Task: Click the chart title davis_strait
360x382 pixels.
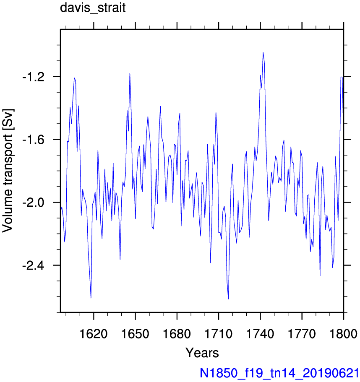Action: tap(93, 8)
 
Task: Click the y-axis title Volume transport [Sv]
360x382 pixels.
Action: tap(8, 171)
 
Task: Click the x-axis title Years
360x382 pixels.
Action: tap(202, 353)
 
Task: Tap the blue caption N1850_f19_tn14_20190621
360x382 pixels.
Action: tap(279, 373)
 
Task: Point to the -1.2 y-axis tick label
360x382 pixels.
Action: tap(34, 77)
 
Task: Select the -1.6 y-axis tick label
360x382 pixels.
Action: tap(34, 140)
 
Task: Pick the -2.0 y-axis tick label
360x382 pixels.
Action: tap(34, 203)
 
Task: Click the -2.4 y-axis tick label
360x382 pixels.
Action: tap(34, 265)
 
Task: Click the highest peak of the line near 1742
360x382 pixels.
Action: tap(263, 52)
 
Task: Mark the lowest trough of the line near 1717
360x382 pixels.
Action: tap(228, 299)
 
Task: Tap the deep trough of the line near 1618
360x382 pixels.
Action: tap(91, 298)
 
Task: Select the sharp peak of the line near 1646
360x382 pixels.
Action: tap(130, 73)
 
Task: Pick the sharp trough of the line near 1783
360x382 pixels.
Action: tap(320, 276)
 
